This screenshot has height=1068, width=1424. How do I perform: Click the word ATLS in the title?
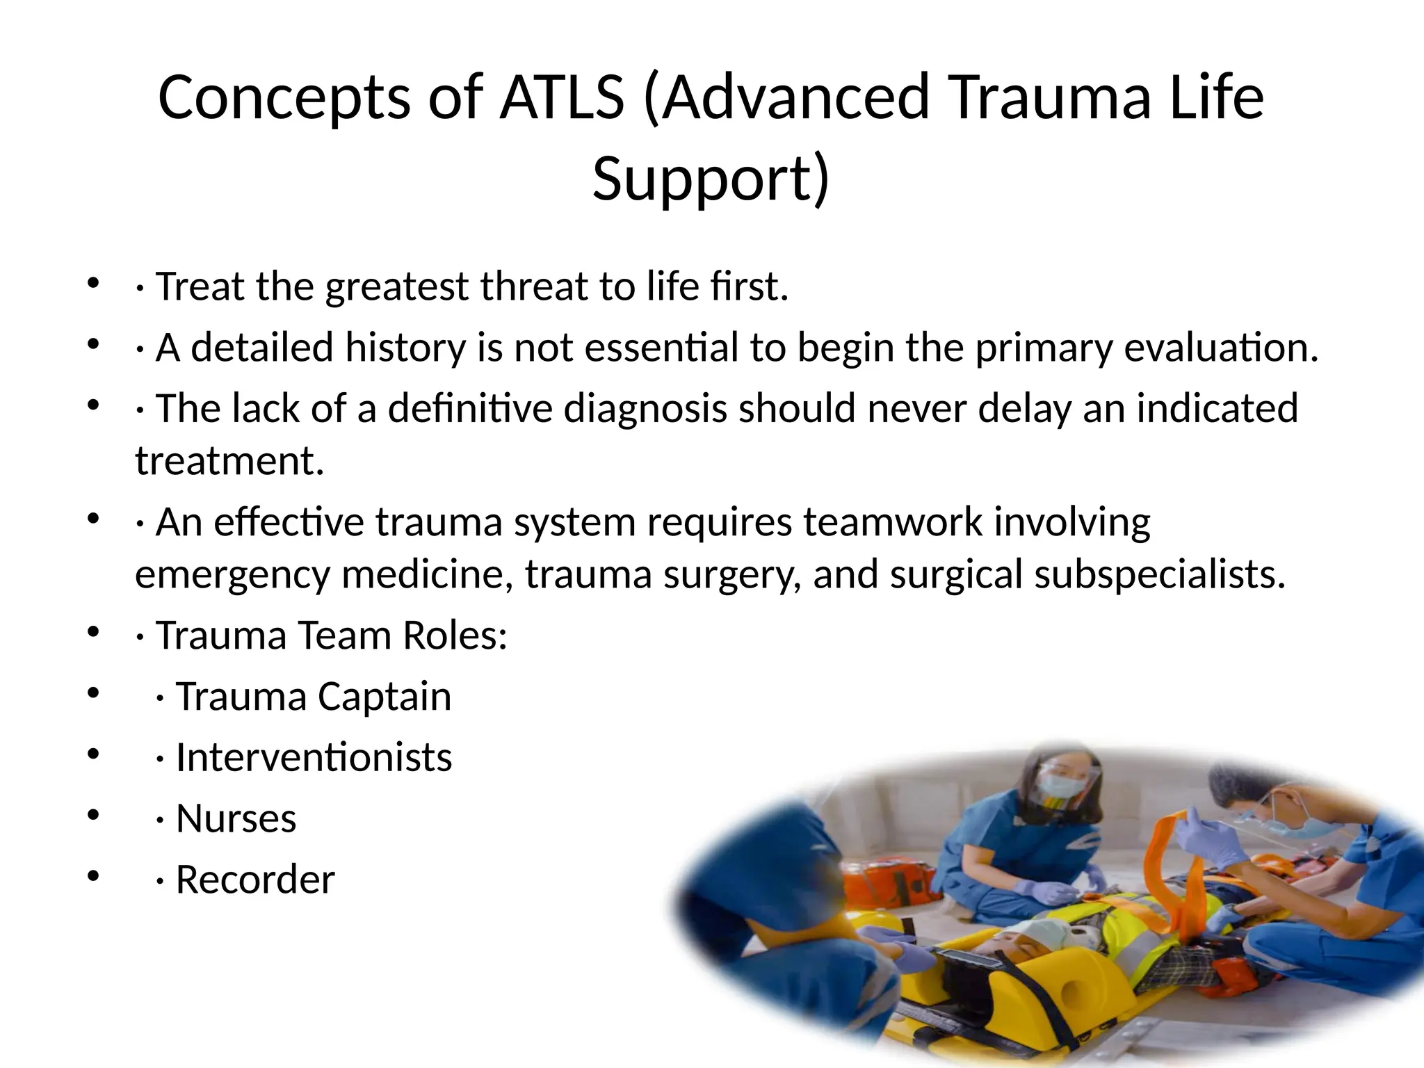[x=561, y=97]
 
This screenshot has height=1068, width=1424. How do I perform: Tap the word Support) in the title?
[x=711, y=179]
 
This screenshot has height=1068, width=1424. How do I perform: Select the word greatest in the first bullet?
[x=397, y=286]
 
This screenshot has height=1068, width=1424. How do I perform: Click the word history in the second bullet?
[x=405, y=348]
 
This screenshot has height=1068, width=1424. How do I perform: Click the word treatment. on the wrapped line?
[x=229, y=461]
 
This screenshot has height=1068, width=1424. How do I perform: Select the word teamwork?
[x=893, y=522]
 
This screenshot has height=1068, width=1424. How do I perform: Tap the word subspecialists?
[x=1160, y=575]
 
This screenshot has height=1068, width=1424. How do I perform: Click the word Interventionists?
[x=314, y=757]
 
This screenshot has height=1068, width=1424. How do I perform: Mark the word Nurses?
[x=236, y=818]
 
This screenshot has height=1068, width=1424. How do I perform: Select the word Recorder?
[x=255, y=880]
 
